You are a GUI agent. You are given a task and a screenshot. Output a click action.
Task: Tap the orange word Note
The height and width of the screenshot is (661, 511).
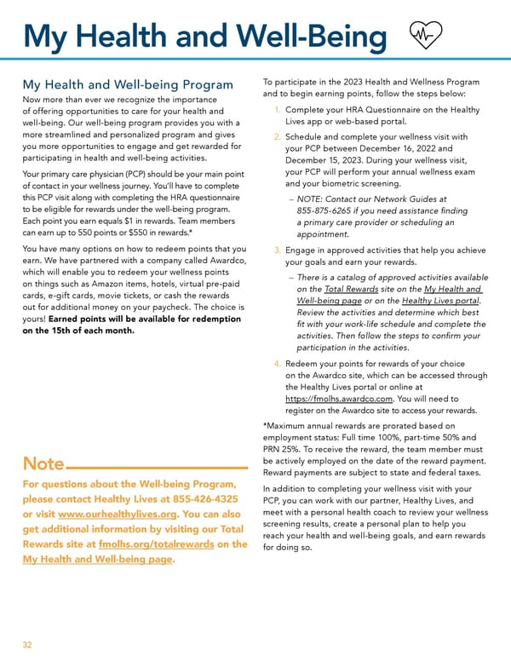pos(43,464)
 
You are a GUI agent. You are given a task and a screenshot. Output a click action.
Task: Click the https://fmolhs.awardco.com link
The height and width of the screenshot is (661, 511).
pos(338,398)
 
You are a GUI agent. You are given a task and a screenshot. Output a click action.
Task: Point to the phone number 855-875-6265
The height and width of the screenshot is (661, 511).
pos(326,210)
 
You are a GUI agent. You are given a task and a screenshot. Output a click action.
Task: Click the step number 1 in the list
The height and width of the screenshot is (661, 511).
pos(278,110)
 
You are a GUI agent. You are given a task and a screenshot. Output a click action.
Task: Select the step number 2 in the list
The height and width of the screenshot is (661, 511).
pos(278,136)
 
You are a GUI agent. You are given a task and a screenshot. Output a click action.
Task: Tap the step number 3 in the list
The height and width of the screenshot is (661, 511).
pos(278,250)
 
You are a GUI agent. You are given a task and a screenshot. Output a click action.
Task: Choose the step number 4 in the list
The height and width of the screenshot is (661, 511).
pos(278,364)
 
